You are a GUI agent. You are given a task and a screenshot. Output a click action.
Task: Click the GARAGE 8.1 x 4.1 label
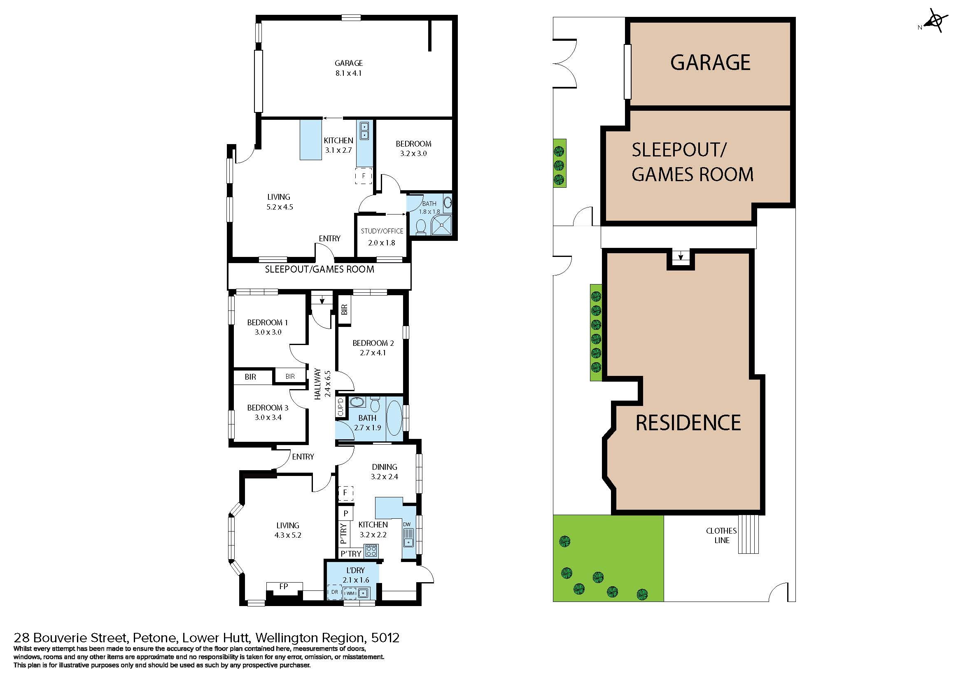(348, 68)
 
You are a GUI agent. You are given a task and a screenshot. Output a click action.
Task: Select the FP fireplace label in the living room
(284, 586)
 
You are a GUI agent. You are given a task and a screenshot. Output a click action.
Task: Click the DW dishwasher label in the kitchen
(406, 524)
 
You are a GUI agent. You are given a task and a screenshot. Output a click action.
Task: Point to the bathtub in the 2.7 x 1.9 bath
(394, 418)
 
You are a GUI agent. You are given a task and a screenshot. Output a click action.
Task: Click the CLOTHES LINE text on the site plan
(721, 536)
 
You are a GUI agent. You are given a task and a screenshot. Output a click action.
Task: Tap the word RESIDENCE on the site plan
(688, 422)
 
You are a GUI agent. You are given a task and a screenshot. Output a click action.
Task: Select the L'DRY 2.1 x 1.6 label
(355, 575)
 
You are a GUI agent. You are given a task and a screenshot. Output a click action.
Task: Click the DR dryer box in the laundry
(334, 592)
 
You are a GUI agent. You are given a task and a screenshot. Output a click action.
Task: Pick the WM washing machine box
(350, 593)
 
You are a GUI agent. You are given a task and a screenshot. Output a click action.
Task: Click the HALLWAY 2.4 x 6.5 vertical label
(322, 384)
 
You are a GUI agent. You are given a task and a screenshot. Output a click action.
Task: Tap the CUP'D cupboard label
(340, 407)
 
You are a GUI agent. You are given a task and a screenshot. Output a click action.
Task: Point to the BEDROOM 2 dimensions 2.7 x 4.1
(373, 353)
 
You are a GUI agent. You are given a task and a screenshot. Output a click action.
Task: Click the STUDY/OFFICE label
(382, 231)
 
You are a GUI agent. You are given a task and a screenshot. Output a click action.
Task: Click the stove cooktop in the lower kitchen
(371, 550)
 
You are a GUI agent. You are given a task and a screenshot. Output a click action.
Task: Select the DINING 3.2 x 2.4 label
(384, 471)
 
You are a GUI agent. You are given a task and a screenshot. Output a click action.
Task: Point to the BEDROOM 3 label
(268, 408)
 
